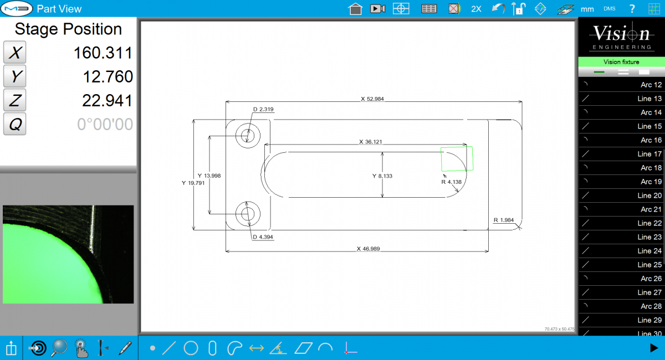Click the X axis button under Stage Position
pos(15,53)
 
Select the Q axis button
pos(15,124)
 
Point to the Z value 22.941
pos(107,100)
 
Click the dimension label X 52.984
pos(372,99)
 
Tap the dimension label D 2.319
pos(263,109)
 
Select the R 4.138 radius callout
pos(451,182)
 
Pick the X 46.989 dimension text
pos(370,249)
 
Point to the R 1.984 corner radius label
pos(504,220)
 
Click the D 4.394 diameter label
pos(263,237)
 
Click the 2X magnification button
pos(476,9)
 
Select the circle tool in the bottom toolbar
pos(191,348)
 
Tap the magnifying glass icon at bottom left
pos(59,348)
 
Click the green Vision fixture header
pos(621,62)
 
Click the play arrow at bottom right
pos(653,348)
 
